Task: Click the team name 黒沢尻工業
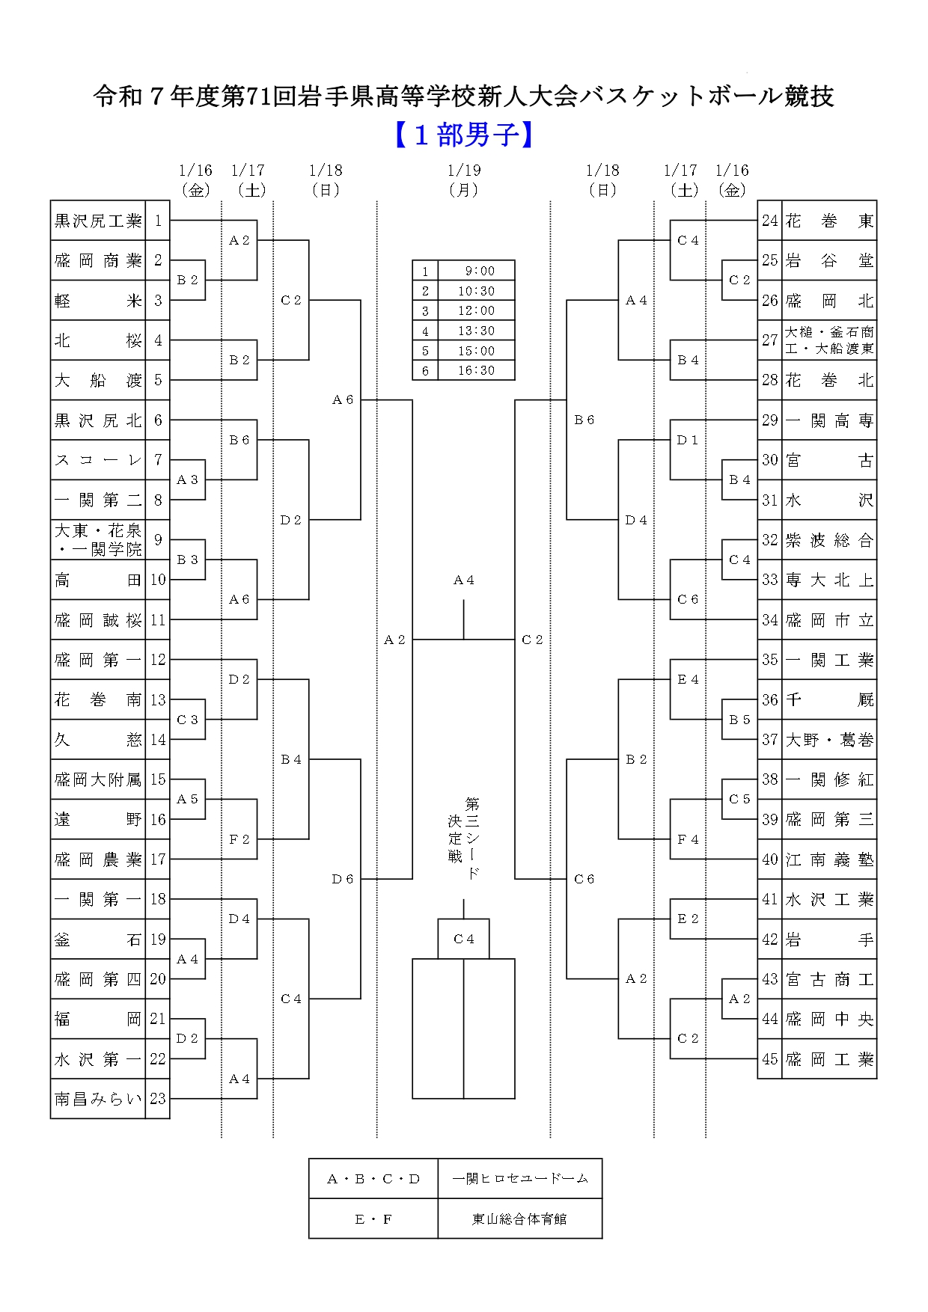pos(98,221)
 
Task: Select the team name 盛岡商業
pos(98,260)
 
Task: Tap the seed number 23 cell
pos(158,1099)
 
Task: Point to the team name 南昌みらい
pos(98,1099)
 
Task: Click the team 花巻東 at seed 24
pos(829,221)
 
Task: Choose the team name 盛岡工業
pos(829,1059)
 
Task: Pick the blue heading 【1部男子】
pos(463,135)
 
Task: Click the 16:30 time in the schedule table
pos(476,370)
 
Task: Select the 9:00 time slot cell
pos(476,271)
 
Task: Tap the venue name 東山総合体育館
pos(519,1219)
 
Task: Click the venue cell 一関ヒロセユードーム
pos(519,1179)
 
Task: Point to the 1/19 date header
pos(464,180)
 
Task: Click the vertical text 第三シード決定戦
pos(464,838)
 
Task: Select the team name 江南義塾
pos(829,859)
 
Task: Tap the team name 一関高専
pos(829,420)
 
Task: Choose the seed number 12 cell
pos(158,660)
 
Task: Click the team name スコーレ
pos(98,460)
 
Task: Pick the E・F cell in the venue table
pos(373,1219)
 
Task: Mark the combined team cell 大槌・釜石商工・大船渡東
pos(829,340)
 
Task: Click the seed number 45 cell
pos(770,1059)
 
